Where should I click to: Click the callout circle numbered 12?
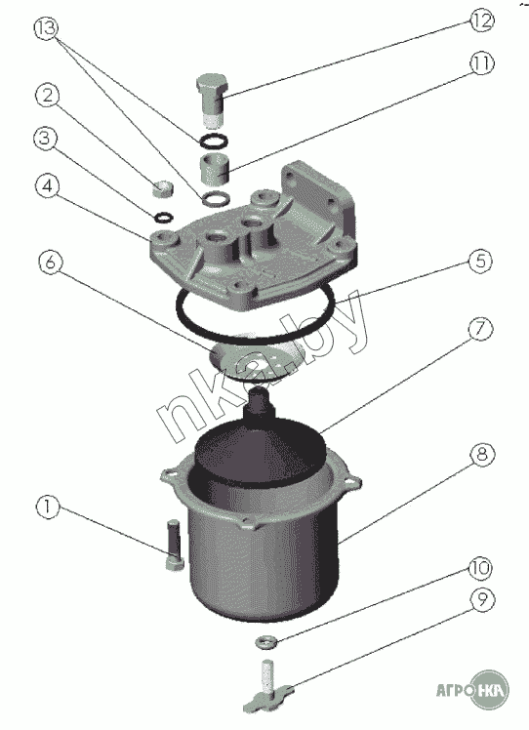coord(481,20)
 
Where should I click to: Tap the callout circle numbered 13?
coord(46,28)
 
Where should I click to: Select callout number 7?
coord(480,329)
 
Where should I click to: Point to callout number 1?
coord(48,507)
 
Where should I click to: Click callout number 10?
coord(480,568)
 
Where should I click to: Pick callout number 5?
coord(480,261)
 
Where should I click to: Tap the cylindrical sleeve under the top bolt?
coord(214,171)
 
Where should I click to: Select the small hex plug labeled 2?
coord(162,189)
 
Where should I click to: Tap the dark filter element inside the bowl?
coord(259,442)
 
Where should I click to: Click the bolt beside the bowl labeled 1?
coord(174,545)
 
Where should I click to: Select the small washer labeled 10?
coord(266,642)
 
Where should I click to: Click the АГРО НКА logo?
coord(472,689)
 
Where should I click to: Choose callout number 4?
coord(48,186)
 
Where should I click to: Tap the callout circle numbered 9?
coord(481,599)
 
